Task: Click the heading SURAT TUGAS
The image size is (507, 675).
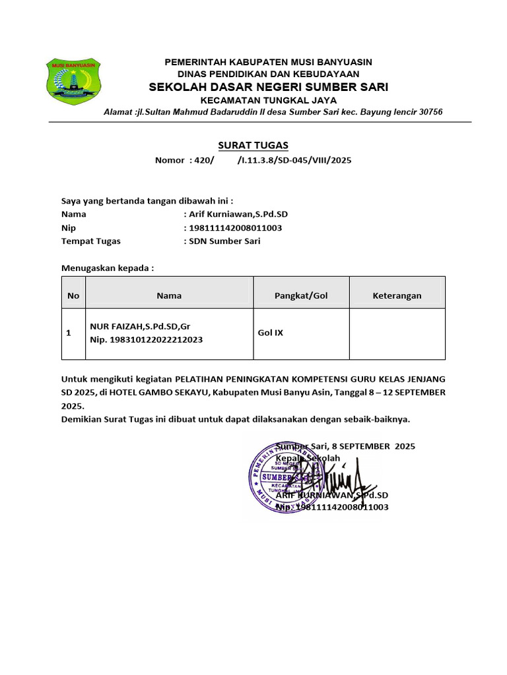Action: click(x=253, y=145)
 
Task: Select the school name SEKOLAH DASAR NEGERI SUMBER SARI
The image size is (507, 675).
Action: click(x=268, y=87)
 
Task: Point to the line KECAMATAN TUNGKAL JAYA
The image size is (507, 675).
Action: click(x=268, y=100)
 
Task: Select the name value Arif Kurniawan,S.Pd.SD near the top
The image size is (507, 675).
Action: click(x=238, y=214)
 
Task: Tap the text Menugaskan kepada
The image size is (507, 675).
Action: click(x=107, y=268)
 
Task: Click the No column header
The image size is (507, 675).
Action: click(x=73, y=296)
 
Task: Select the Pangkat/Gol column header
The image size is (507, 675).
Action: click(x=301, y=296)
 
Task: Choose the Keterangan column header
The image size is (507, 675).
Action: click(x=397, y=296)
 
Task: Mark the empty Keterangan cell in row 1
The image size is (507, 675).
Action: click(x=397, y=334)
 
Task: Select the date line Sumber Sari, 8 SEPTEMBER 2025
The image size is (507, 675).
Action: click(x=345, y=446)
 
